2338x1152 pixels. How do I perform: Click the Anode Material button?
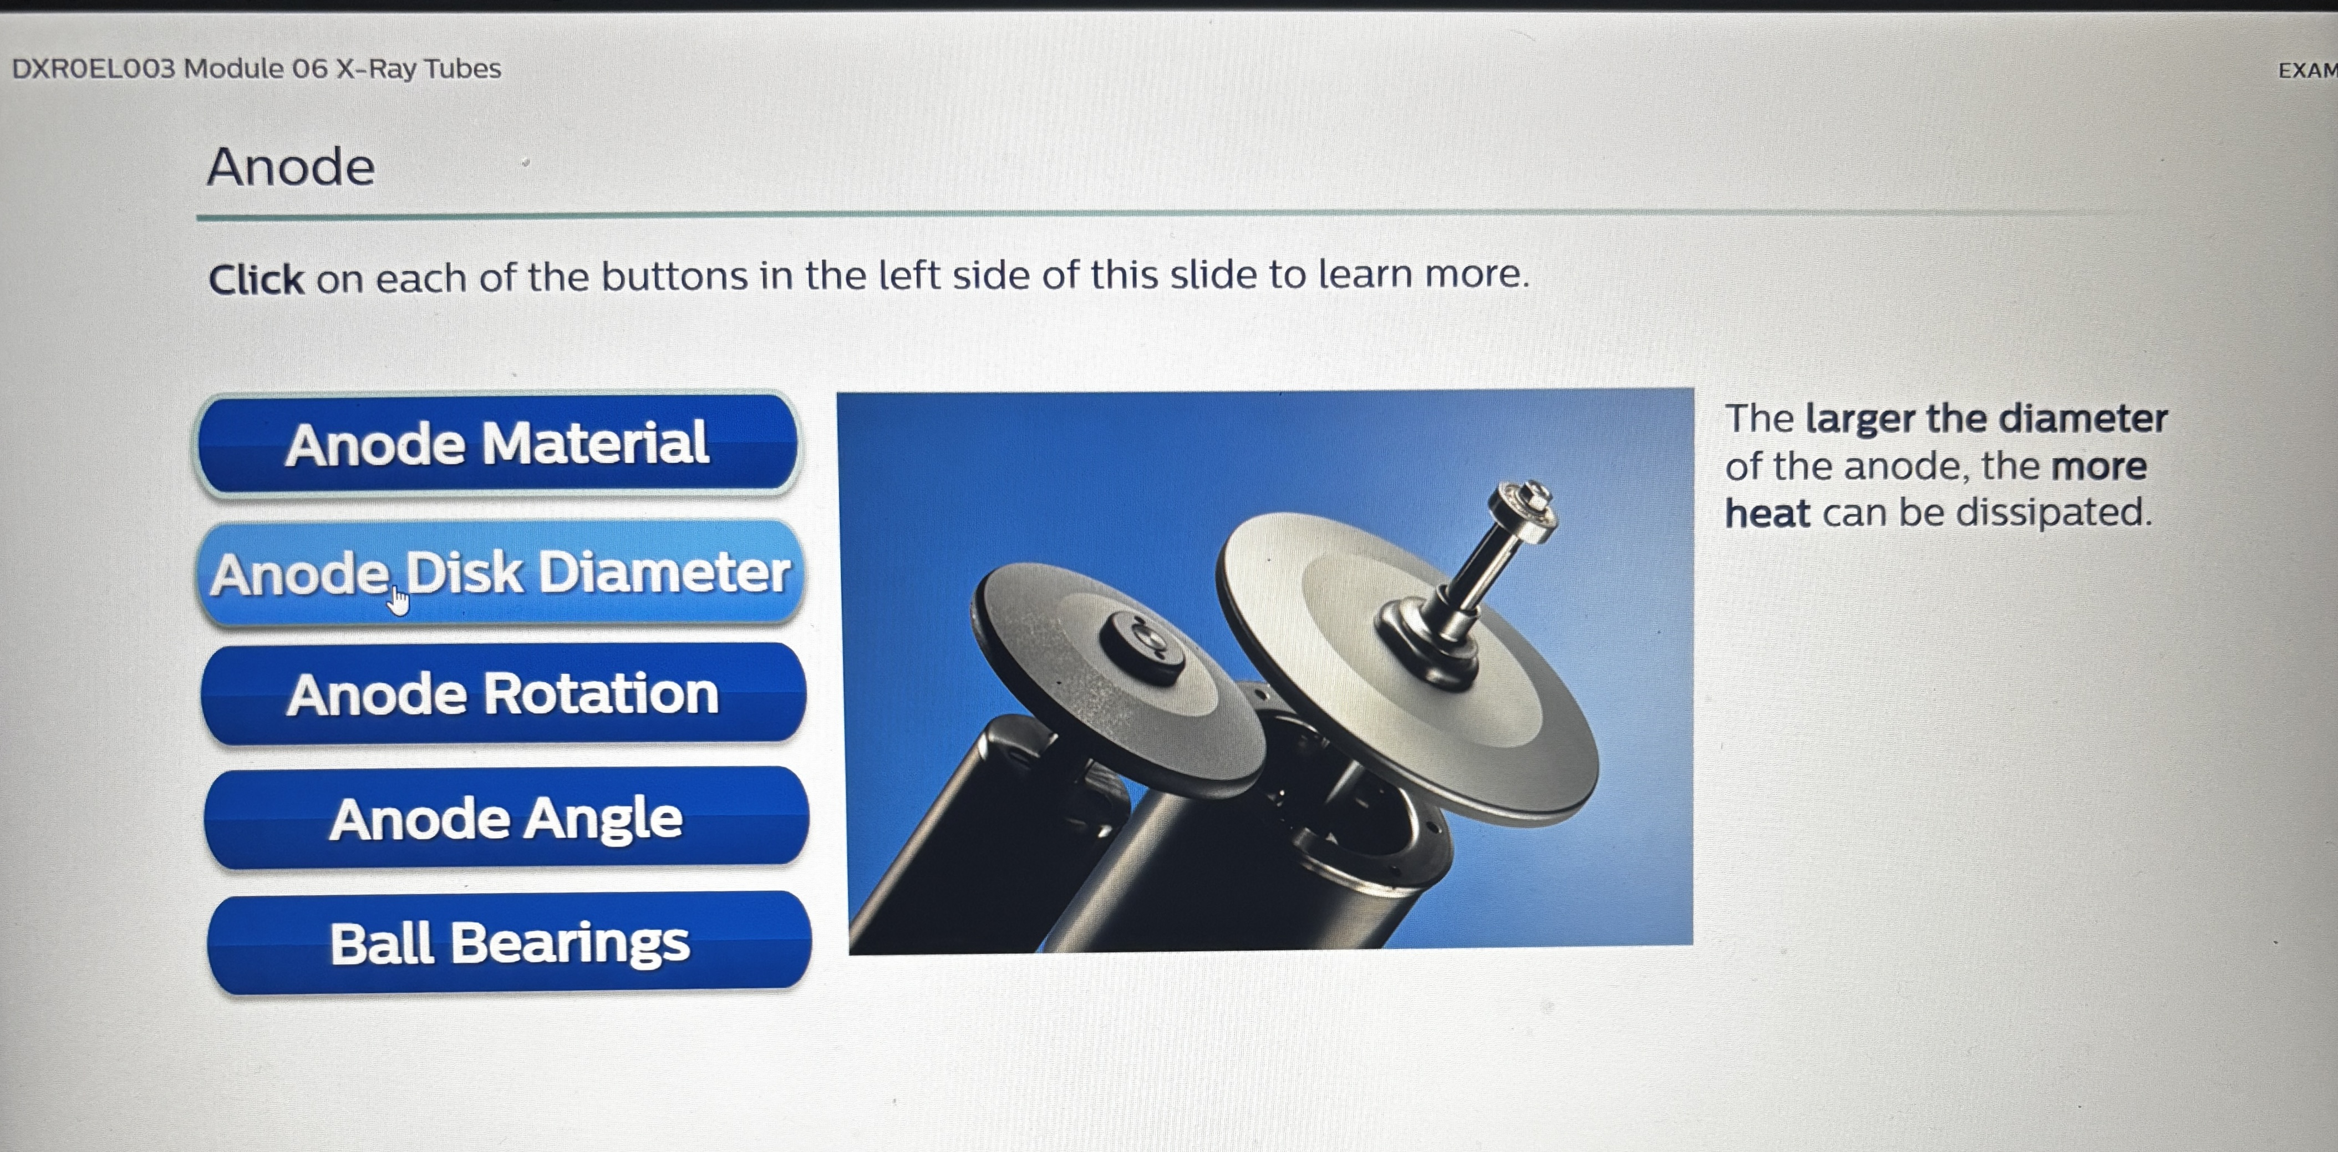(x=497, y=444)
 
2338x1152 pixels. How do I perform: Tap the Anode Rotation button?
(x=504, y=693)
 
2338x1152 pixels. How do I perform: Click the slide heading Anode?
(x=291, y=167)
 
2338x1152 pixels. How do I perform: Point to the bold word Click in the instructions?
(x=256, y=278)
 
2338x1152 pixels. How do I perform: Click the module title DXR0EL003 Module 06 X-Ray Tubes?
(x=256, y=69)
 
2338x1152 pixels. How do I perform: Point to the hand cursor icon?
(x=398, y=601)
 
